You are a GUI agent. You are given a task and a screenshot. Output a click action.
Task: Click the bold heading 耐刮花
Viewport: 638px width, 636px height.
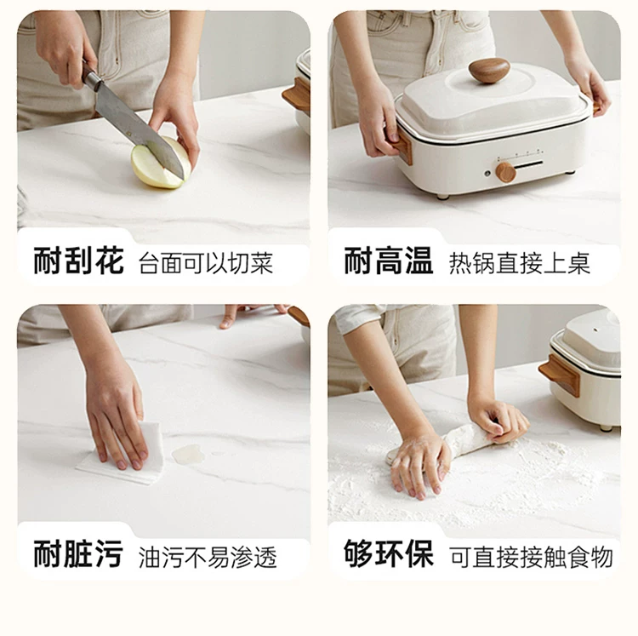click(78, 261)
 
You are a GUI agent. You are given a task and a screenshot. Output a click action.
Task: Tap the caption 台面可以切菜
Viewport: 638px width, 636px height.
click(206, 263)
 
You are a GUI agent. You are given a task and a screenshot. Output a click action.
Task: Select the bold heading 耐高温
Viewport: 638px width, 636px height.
click(388, 261)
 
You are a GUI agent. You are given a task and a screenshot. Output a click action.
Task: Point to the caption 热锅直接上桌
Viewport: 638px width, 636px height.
click(520, 263)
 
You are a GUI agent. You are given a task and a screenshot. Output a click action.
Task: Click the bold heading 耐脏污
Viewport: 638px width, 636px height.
click(78, 553)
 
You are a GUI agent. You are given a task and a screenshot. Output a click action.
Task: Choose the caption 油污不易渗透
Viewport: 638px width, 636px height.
click(208, 557)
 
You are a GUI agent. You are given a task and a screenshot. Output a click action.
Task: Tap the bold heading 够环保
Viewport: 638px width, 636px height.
click(388, 553)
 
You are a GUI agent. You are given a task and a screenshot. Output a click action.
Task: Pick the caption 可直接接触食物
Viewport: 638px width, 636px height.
click(532, 557)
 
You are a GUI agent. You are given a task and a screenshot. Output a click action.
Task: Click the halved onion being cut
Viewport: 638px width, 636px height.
click(160, 163)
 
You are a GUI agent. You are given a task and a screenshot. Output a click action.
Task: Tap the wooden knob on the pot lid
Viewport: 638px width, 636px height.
click(489, 70)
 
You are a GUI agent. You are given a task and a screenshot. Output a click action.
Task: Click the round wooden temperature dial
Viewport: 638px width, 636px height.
click(506, 172)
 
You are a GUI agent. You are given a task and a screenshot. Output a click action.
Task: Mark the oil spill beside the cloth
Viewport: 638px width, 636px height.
click(188, 455)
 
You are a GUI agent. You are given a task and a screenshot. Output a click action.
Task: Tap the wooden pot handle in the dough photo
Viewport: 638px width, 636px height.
click(560, 375)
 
